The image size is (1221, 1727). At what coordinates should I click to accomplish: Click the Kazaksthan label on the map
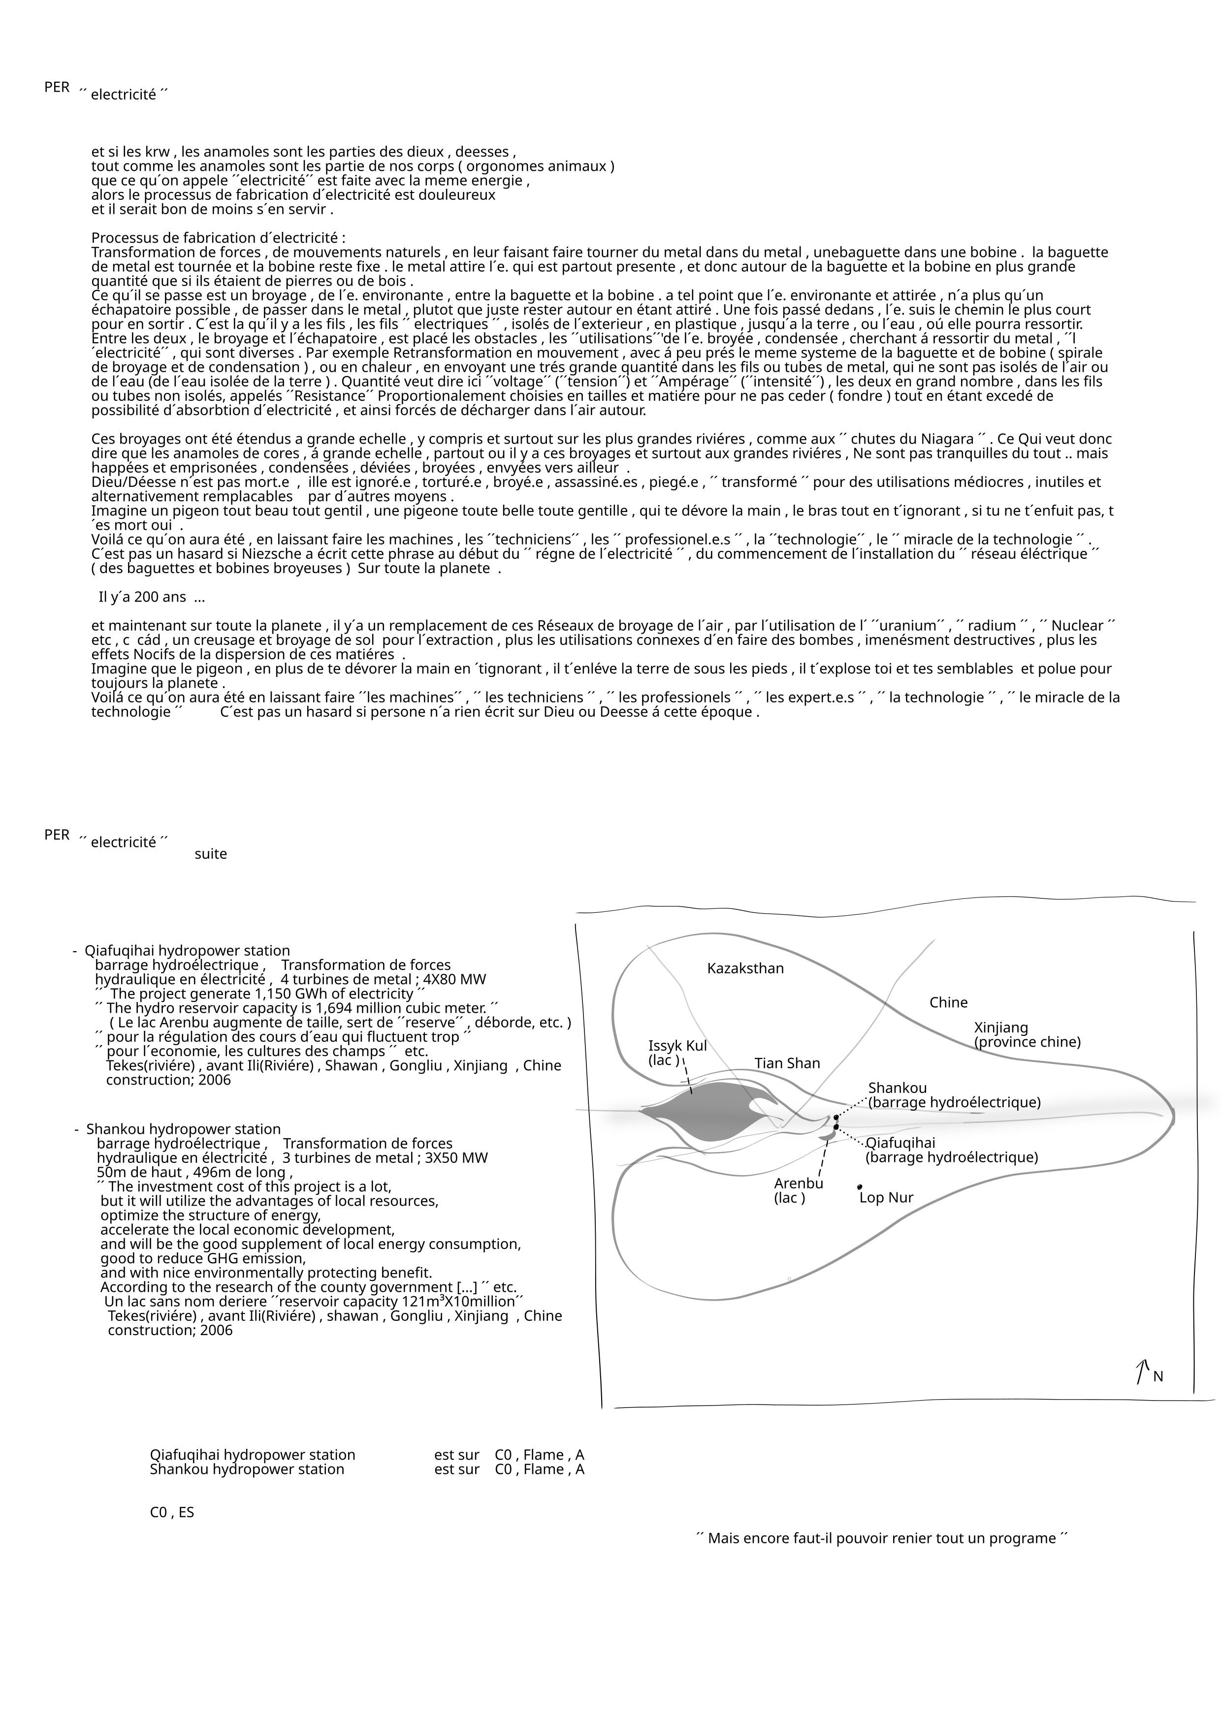pos(745,969)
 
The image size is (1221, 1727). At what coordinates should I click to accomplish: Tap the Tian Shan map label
pos(787,1063)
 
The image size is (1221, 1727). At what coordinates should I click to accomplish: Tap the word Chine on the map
pos(948,1003)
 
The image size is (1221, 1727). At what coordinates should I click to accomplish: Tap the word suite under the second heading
pos(211,855)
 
